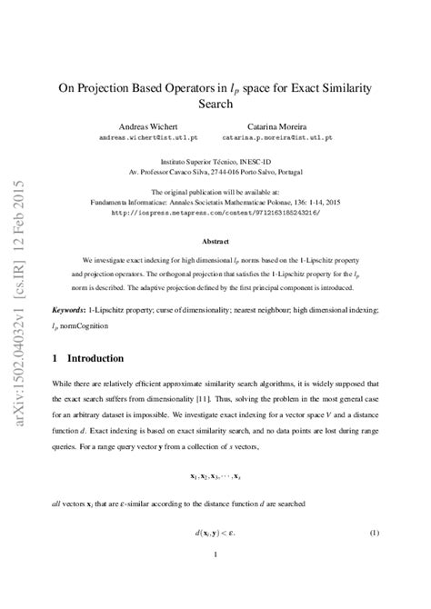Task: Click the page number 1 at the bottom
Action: click(215, 579)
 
